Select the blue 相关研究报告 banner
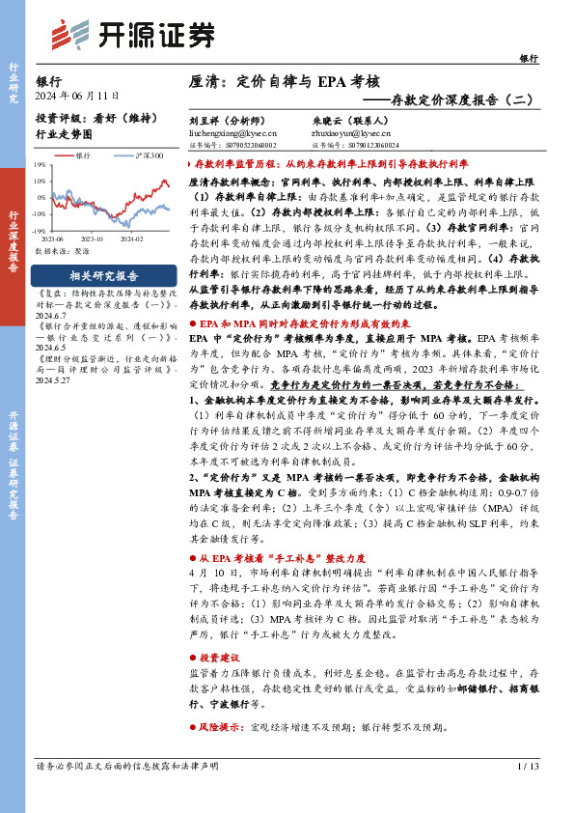coord(104,274)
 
